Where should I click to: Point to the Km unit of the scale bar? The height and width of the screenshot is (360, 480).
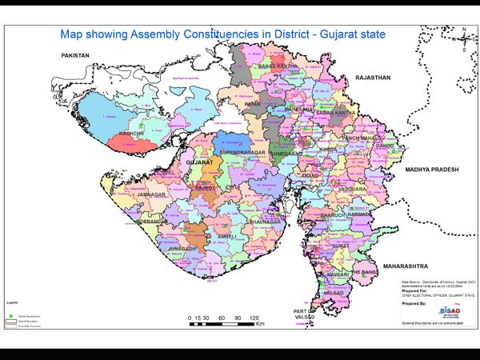click(260, 326)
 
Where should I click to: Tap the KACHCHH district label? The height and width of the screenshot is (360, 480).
click(131, 134)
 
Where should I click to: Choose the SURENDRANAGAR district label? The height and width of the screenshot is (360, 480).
click(237, 150)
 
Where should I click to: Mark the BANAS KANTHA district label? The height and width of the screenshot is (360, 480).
click(278, 66)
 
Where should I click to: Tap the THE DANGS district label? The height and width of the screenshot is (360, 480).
click(366, 274)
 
